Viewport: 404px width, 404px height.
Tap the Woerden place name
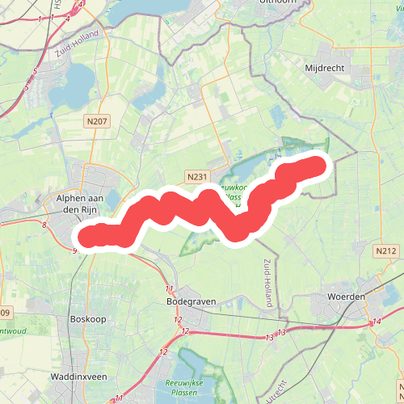click(x=345, y=297)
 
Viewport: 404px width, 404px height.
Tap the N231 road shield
click(x=196, y=176)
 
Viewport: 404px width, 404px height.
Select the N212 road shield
click(x=385, y=252)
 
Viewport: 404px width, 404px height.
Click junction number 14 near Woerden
click(x=377, y=322)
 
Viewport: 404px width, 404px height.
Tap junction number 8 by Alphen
click(x=43, y=225)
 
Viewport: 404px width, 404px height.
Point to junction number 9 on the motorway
click(x=74, y=251)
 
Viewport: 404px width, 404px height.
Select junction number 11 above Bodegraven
click(x=169, y=288)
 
